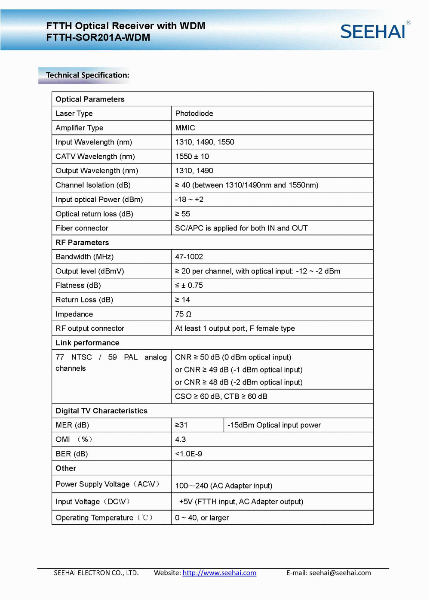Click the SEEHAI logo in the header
pyautogui.click(x=373, y=31)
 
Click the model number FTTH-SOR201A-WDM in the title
pyautogui.click(x=98, y=37)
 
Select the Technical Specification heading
pyautogui.click(x=87, y=75)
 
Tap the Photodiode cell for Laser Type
pyautogui.click(x=194, y=114)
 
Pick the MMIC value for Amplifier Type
pyautogui.click(x=185, y=128)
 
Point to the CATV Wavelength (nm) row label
pyautogui.click(x=95, y=157)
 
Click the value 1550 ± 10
pyautogui.click(x=192, y=157)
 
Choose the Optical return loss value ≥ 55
pyautogui.click(x=182, y=214)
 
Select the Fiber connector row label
pyautogui.click(x=82, y=228)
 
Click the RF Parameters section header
pyautogui.click(x=82, y=243)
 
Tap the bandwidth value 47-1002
pyautogui.click(x=189, y=257)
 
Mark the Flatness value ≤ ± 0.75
pyautogui.click(x=189, y=286)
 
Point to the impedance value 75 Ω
pyautogui.click(x=183, y=314)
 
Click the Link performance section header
pyautogui.click(x=87, y=343)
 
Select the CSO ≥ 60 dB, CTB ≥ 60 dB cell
pyautogui.click(x=221, y=396)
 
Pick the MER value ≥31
pyautogui.click(x=181, y=425)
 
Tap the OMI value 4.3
pyautogui.click(x=181, y=440)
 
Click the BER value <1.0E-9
pyautogui.click(x=188, y=454)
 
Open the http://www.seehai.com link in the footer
pyautogui.click(x=219, y=573)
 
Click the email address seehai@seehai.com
pyautogui.click(x=340, y=573)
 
